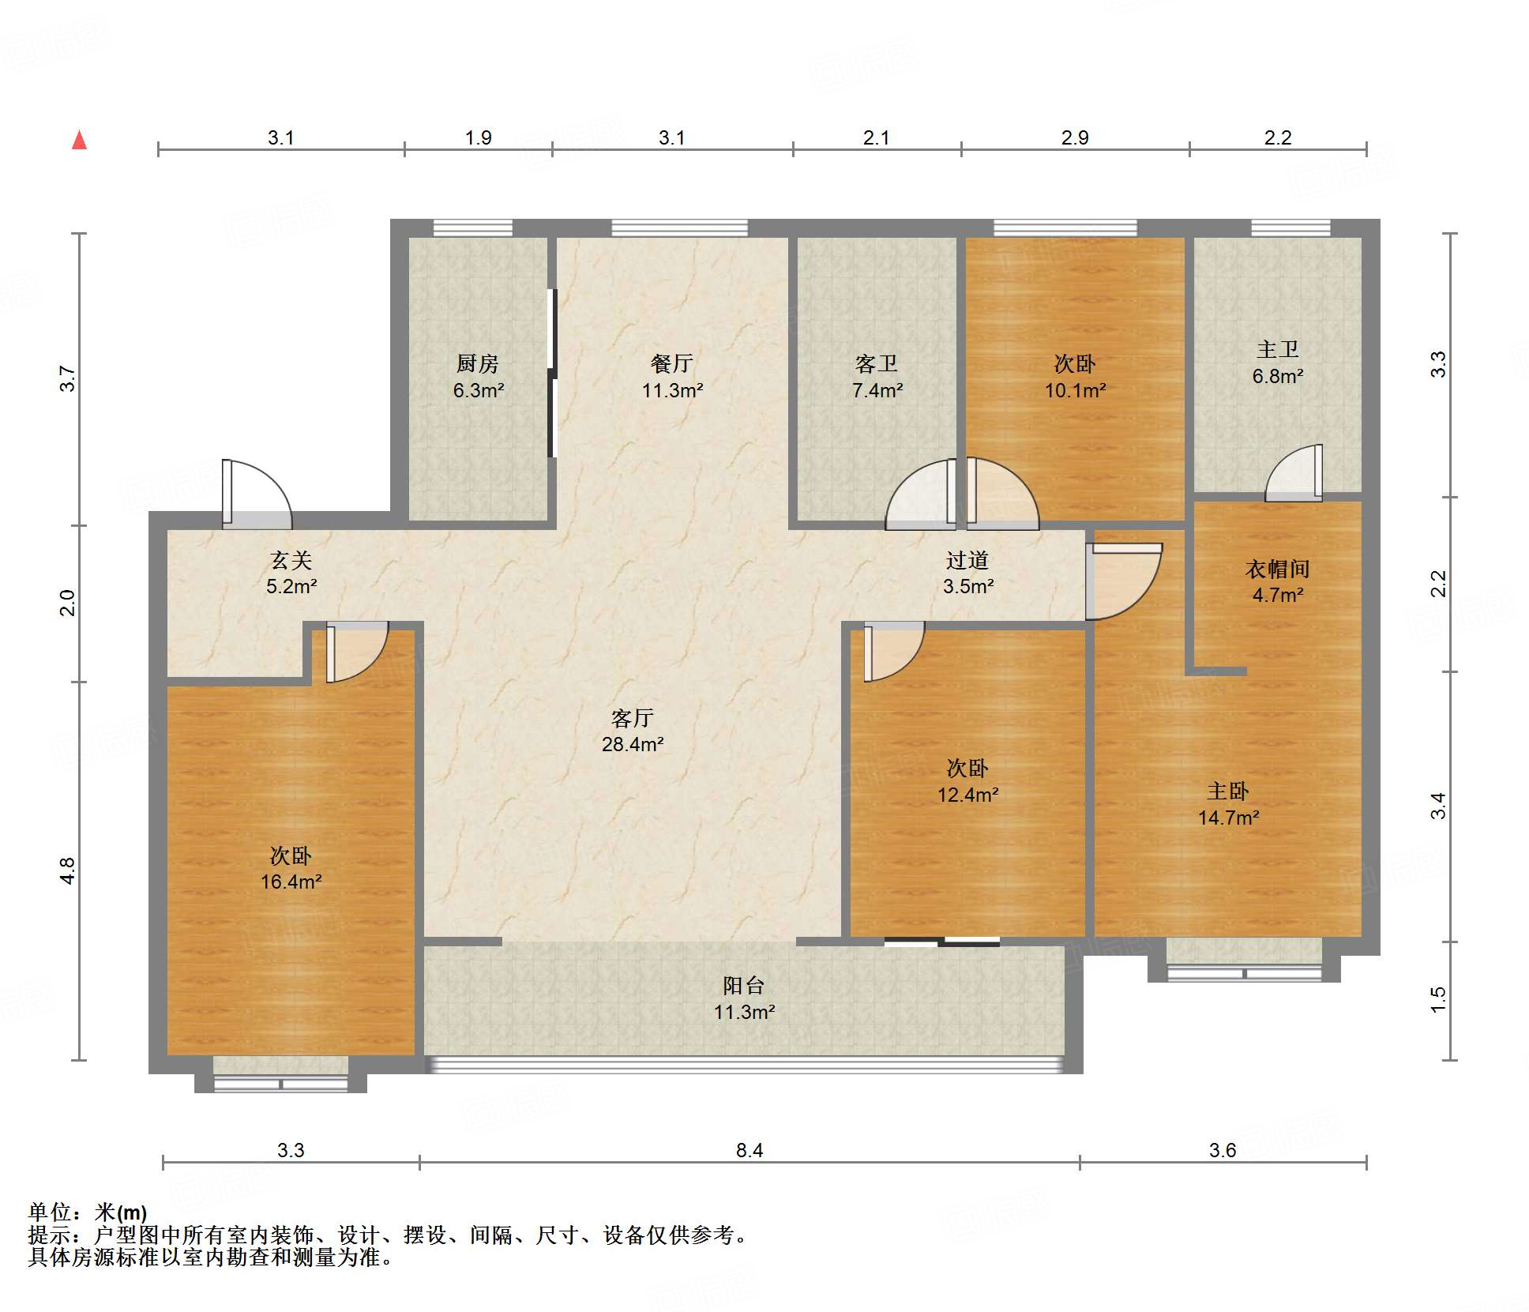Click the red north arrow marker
79,140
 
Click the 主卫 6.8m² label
1277,363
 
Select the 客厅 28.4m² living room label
632,731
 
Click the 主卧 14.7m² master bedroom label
1228,804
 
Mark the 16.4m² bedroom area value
291,882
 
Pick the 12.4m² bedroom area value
967,795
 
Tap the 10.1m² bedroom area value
1075,390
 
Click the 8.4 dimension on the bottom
749,1150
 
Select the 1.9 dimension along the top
478,137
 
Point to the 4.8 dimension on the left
68,870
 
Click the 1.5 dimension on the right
1438,1000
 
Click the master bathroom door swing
1294,473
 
